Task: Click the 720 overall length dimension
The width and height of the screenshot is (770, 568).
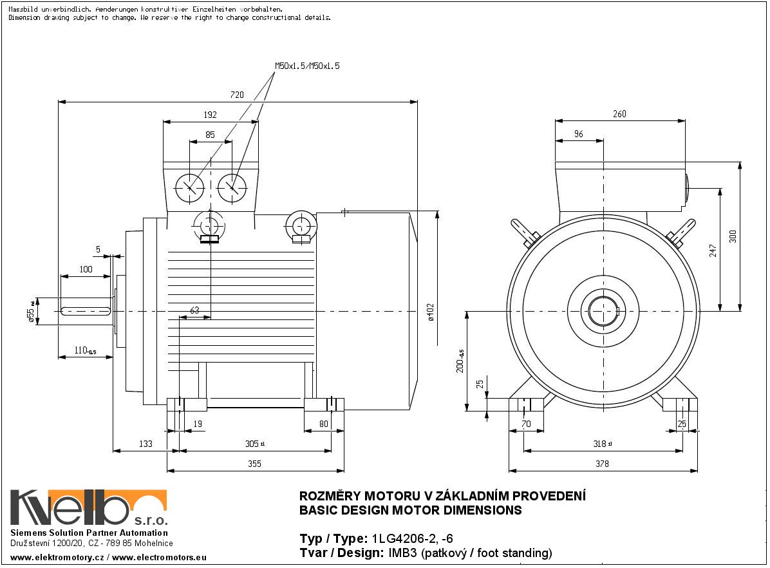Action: point(237,95)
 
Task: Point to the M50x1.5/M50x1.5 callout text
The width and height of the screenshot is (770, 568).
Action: point(307,66)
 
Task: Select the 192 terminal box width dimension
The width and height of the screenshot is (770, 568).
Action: point(210,115)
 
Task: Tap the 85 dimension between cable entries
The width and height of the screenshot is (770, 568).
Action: point(210,135)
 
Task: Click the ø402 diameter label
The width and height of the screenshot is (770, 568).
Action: point(431,312)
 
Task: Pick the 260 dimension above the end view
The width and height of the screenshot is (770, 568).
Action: point(619,114)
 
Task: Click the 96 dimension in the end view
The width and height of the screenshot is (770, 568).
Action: point(578,134)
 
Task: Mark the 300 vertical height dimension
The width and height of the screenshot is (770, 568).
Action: point(732,236)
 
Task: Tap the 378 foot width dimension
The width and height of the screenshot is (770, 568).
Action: point(602,464)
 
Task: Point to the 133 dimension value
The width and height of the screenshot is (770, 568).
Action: point(146,444)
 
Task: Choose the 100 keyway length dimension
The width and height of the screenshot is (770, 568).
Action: point(86,269)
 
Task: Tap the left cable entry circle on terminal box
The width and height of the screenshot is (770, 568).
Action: point(189,187)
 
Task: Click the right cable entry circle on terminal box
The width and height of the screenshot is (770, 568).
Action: point(232,187)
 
